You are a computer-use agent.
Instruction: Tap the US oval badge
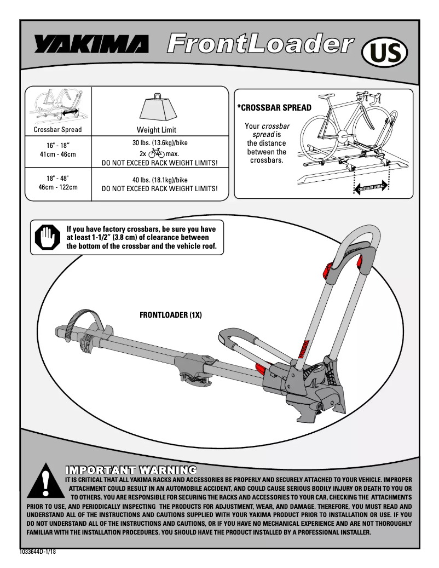click(x=385, y=54)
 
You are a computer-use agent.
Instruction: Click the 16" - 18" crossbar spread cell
click(x=57, y=150)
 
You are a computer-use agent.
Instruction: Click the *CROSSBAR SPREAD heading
click(x=274, y=108)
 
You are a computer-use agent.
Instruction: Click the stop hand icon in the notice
click(x=46, y=238)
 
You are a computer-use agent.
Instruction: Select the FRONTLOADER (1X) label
click(x=171, y=316)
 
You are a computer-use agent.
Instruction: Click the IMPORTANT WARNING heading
click(x=131, y=469)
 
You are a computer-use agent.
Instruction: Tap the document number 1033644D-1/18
click(x=38, y=551)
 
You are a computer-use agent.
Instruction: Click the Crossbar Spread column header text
click(x=57, y=130)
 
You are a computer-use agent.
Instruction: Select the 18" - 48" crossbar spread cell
click(x=57, y=182)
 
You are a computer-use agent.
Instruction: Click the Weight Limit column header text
click(x=156, y=130)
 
